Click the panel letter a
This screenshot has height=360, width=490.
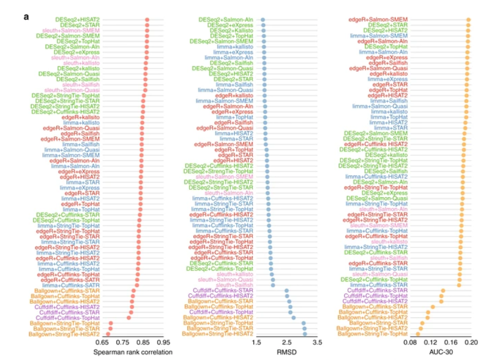[26, 17]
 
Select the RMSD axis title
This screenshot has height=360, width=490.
[287, 352]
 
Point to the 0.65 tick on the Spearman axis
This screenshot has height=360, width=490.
[103, 343]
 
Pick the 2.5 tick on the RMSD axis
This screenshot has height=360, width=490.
[287, 343]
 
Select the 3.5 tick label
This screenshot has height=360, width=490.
[317, 343]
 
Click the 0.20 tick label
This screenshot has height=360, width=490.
[471, 343]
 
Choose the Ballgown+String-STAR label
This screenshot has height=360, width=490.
[381, 322]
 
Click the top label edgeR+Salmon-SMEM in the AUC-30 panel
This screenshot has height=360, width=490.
[380, 20]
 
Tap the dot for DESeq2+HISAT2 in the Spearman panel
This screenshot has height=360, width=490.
[147, 20]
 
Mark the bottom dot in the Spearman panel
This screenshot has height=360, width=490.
[108, 333]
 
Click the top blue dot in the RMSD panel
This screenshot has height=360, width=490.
[263, 20]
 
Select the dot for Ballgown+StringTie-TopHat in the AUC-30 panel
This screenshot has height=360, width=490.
[418, 333]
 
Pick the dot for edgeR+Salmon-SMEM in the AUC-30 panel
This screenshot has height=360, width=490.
[468, 20]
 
